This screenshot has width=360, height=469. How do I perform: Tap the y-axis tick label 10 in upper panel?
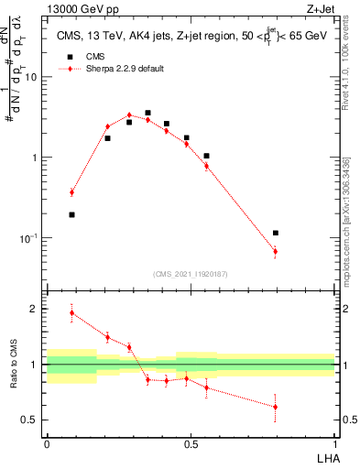click(31, 77)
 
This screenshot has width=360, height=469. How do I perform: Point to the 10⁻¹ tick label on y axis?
click(28, 237)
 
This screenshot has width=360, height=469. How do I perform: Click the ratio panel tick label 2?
click(36, 310)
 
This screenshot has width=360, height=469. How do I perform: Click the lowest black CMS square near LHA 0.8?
click(275, 234)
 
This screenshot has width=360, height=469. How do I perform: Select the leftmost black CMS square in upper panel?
click(71, 215)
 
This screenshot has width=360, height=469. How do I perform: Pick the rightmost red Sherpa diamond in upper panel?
click(275, 251)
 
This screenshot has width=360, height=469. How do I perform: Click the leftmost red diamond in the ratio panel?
click(71, 312)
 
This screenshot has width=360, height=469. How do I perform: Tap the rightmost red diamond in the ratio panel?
click(275, 407)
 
